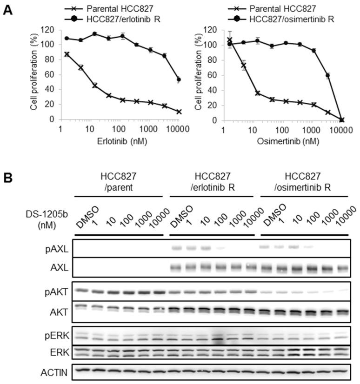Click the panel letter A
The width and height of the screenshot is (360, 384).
click(x=7, y=9)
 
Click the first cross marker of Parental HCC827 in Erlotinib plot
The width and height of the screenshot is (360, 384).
click(x=67, y=54)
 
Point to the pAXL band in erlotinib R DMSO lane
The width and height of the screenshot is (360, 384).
click(x=176, y=248)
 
